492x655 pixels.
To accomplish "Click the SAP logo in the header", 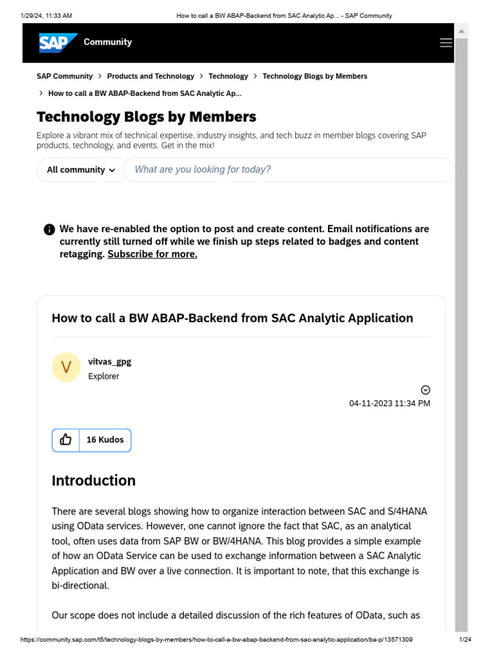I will click(x=58, y=42).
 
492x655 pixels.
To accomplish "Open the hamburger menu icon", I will click(x=446, y=43).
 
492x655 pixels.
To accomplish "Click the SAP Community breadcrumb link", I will click(x=65, y=76).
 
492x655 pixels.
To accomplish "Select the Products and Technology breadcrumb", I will click(x=151, y=76).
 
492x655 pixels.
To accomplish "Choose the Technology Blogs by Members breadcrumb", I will click(x=315, y=76).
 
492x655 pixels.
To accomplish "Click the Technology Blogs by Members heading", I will click(x=146, y=116).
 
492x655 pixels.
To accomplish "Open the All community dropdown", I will click(x=81, y=170).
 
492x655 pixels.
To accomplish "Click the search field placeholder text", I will click(x=202, y=170).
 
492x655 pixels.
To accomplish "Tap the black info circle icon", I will click(x=49, y=230).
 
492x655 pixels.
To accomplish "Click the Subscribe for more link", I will click(x=152, y=254).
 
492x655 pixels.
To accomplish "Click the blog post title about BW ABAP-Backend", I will click(x=232, y=318).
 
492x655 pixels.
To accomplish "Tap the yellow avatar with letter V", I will click(x=66, y=367).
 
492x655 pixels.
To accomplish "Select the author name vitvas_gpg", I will click(x=110, y=361).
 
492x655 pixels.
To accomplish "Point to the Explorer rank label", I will click(x=104, y=376).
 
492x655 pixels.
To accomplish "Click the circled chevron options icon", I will click(x=425, y=390).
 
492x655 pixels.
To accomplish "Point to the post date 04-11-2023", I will click(x=389, y=404).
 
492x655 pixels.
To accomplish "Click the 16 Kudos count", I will click(x=105, y=440).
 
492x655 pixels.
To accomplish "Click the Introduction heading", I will click(x=94, y=480).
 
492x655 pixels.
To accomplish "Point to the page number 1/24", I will click(x=465, y=640).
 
